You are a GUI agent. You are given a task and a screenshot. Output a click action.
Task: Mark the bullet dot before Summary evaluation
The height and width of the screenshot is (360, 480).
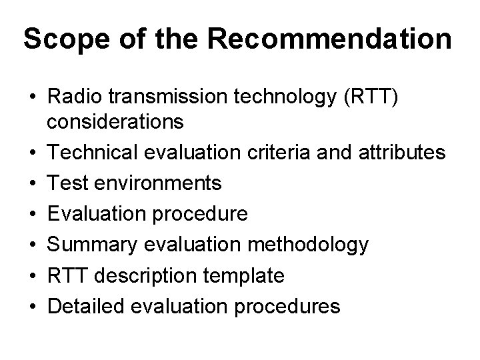point(31,245)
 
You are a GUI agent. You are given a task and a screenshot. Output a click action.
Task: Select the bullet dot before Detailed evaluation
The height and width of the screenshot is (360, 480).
point(31,307)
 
